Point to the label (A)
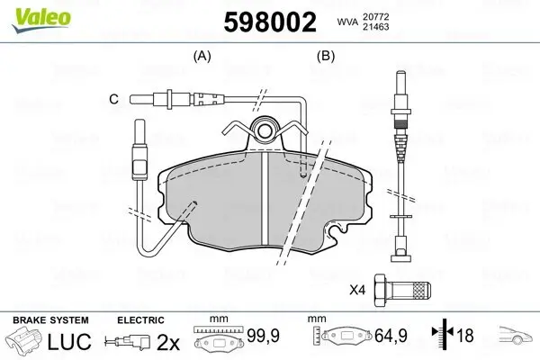[x=203, y=56]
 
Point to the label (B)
[x=325, y=56]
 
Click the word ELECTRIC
[x=140, y=319]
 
